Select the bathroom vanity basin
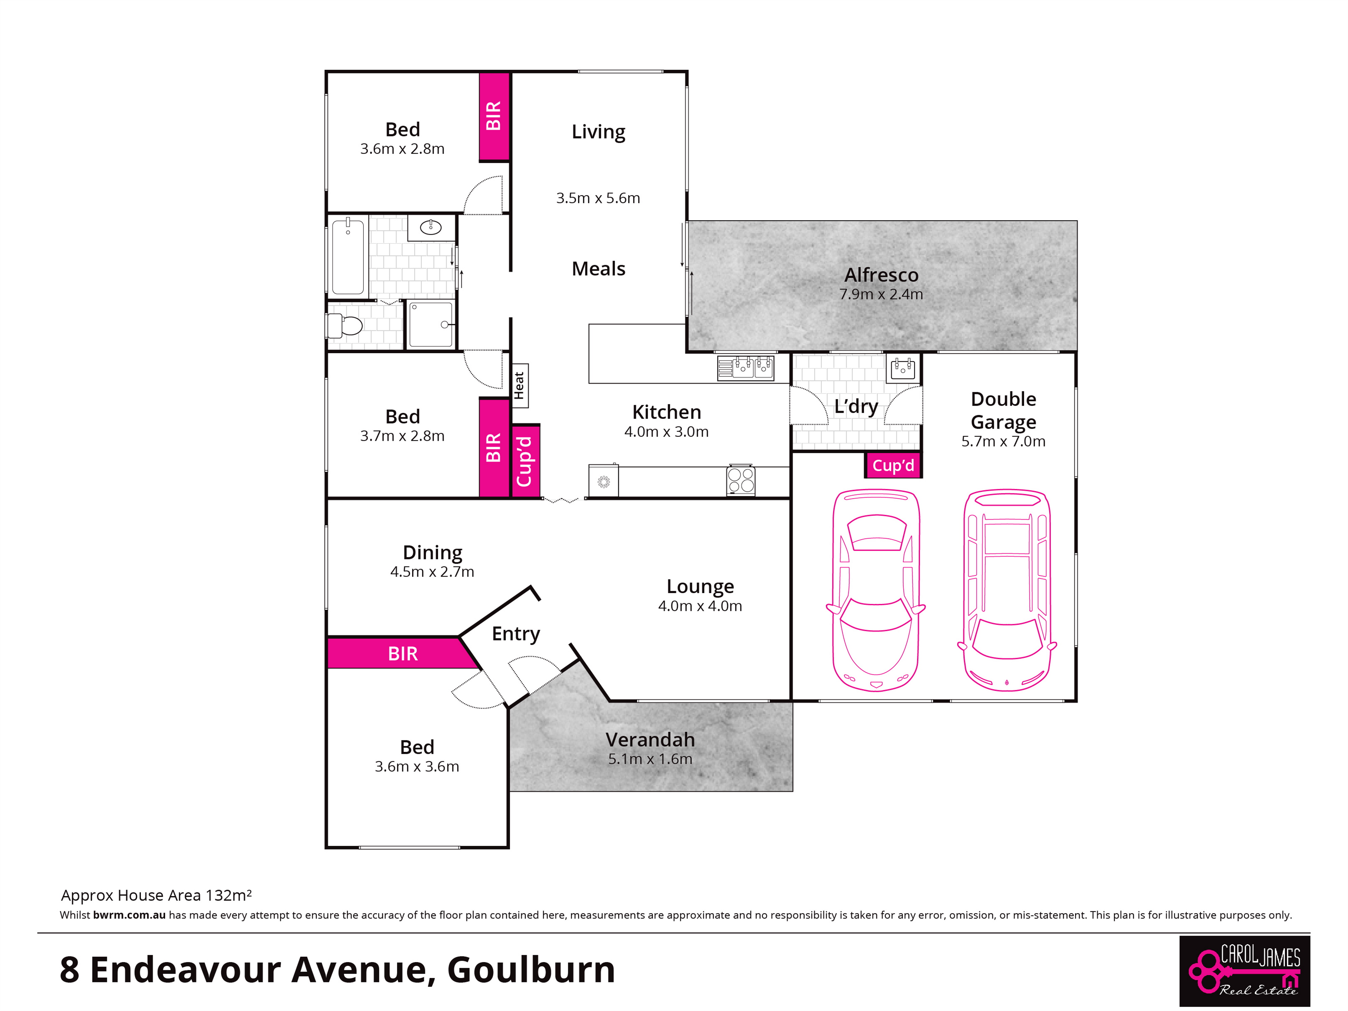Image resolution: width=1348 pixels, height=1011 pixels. (x=431, y=228)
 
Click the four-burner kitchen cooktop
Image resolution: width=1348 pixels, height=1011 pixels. (x=740, y=480)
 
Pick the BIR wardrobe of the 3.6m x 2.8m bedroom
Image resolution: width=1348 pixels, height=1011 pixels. (x=494, y=116)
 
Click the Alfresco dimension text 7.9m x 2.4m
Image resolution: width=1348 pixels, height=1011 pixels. (x=881, y=294)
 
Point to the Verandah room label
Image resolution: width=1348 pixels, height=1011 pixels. (x=650, y=739)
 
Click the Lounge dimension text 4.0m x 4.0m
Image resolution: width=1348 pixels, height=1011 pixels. (x=700, y=606)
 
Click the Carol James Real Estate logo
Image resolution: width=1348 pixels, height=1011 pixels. (x=1245, y=971)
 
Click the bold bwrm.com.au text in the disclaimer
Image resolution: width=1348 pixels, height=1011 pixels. (x=129, y=915)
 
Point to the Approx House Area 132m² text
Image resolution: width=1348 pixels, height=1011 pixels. (x=156, y=895)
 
